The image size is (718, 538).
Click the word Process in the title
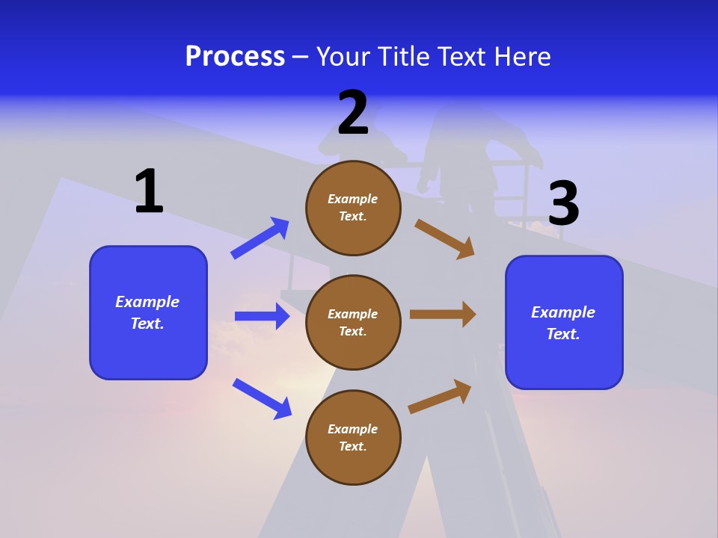point(235,57)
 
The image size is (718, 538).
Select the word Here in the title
point(520,57)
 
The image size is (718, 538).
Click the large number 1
point(149,191)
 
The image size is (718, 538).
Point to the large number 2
point(353,113)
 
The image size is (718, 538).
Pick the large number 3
point(563,203)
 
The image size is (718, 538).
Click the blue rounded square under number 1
point(148,312)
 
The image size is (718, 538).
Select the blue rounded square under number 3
point(564,322)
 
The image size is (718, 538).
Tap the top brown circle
point(353,208)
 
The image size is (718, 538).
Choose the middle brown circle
point(353,322)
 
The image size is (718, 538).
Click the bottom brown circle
point(353,437)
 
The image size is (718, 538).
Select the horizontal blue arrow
point(262,316)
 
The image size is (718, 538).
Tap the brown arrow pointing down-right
point(445,238)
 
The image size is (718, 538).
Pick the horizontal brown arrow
point(443,314)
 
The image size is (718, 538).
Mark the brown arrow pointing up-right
point(441,396)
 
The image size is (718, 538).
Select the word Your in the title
point(341,57)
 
